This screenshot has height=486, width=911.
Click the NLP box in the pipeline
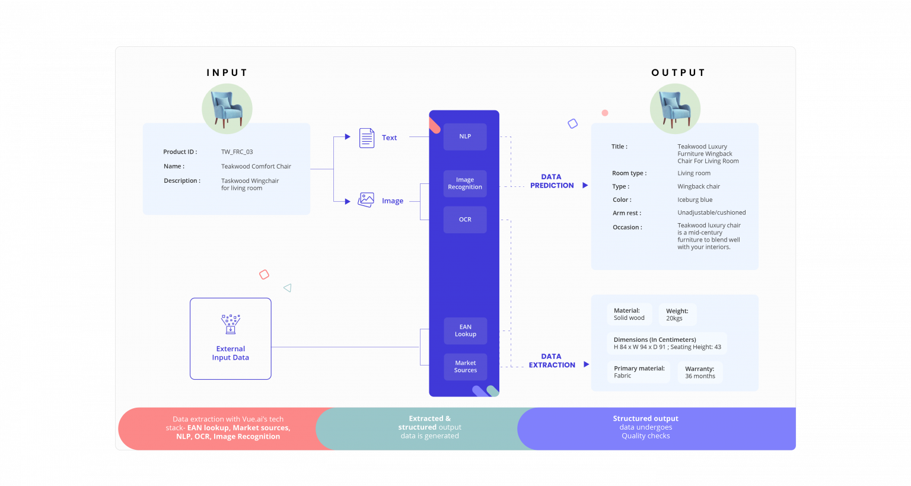[x=465, y=136]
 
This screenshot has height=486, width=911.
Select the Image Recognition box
[x=465, y=183]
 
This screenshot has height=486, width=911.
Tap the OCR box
[x=465, y=220]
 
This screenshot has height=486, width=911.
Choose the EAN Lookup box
[x=466, y=331]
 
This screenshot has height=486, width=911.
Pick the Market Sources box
[x=466, y=367]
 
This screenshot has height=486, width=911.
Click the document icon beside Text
[x=367, y=138]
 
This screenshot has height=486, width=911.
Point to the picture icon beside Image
[x=366, y=200]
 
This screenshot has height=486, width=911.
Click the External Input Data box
[x=231, y=339]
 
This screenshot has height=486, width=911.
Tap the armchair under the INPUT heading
[x=227, y=109]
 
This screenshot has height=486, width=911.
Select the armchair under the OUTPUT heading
[x=675, y=109]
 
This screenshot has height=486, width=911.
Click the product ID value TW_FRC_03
[x=237, y=152]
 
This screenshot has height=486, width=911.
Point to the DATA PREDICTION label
[x=552, y=181]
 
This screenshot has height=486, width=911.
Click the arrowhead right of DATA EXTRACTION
[x=586, y=364]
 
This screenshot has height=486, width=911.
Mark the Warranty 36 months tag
[x=700, y=373]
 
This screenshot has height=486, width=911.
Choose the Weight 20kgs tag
[x=677, y=315]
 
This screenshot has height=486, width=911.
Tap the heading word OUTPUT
[x=679, y=72]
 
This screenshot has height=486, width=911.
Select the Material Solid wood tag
[x=629, y=315]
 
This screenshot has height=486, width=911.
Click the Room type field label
[x=629, y=173]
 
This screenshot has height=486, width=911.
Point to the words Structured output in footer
[x=645, y=418]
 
